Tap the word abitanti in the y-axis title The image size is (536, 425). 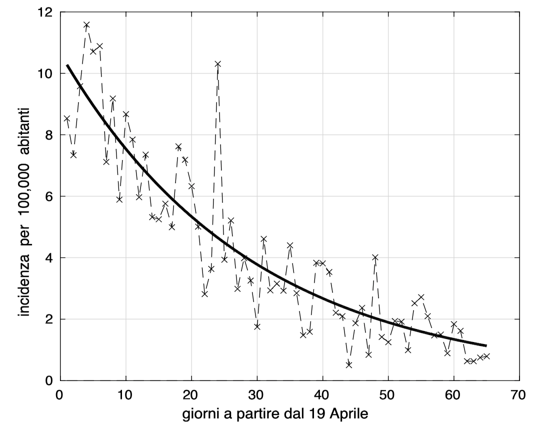click(x=24, y=124)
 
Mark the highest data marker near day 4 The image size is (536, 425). click(x=86, y=24)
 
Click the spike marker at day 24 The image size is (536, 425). click(x=217, y=64)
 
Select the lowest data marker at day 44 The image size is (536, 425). click(x=349, y=365)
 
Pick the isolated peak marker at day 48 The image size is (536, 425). click(x=375, y=257)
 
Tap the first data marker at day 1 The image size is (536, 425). click(x=67, y=118)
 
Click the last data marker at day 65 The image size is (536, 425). click(x=486, y=356)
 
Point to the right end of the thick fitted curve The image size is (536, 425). click(x=486, y=345)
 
